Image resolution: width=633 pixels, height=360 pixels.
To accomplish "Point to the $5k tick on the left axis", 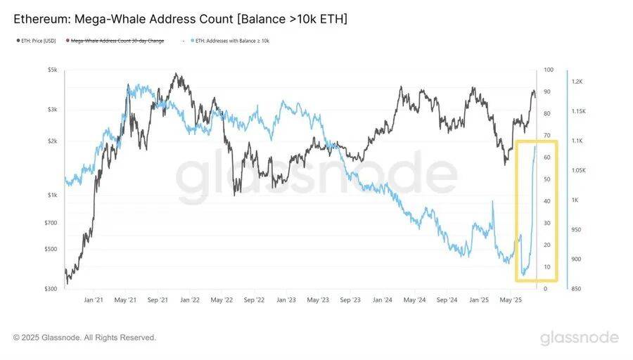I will pos(53,70).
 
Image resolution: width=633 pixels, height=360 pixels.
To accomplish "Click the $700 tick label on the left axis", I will pos(51,223).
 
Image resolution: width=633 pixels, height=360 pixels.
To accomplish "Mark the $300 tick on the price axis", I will pos(51,289).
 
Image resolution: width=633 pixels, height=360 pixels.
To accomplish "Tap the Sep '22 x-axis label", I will pos(254,300).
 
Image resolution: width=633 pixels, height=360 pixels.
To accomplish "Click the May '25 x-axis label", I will pos(511,300).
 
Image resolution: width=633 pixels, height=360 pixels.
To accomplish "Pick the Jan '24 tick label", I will pos(382,300).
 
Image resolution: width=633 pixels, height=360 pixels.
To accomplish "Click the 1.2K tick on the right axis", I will pos(577,82).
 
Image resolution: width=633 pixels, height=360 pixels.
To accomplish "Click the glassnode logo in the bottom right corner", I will pos(579,338).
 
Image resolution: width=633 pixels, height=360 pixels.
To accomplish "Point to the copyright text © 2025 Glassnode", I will pos(84,338).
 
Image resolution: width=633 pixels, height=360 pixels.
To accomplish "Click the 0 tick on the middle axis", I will pos(545,289).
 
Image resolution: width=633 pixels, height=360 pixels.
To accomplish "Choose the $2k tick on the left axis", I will pos(53,141).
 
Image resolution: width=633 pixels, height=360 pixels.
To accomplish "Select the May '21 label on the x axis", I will pos(125,300).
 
